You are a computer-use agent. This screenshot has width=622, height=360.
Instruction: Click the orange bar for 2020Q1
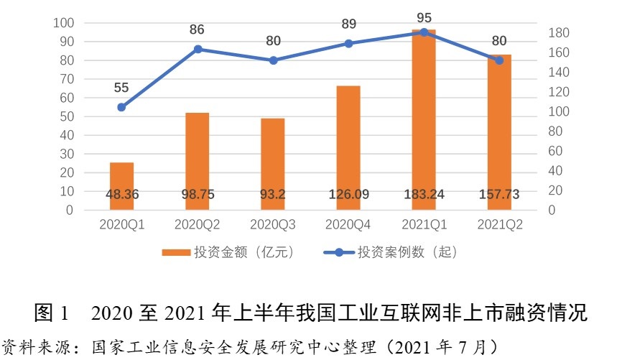click(121, 186)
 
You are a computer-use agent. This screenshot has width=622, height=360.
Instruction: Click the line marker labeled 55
click(121, 107)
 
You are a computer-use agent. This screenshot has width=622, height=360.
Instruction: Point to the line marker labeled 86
click(198, 49)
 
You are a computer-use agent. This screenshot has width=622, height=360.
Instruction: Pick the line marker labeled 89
click(349, 43)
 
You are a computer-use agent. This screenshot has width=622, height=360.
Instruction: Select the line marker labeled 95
click(424, 32)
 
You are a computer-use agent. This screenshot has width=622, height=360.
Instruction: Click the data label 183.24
click(424, 194)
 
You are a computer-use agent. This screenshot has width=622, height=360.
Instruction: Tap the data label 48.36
click(121, 194)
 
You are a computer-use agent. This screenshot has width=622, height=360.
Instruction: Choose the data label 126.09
click(348, 194)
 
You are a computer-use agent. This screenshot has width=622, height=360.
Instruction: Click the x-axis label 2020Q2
click(198, 225)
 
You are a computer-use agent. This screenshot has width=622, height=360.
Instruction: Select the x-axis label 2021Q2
click(500, 225)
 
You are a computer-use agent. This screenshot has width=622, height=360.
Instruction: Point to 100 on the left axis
click(65, 23)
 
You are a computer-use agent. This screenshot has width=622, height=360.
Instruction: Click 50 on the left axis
click(68, 116)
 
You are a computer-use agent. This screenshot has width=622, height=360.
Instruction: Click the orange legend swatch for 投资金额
click(175, 253)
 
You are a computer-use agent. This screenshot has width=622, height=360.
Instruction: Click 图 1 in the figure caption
click(52, 313)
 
